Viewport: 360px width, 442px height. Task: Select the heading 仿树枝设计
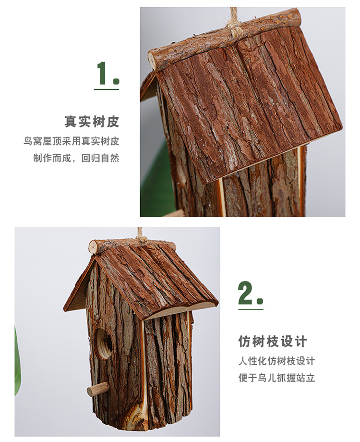[272, 342]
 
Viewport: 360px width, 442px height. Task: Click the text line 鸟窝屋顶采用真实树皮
[72, 141]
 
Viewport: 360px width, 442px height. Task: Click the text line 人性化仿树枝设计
[276, 361]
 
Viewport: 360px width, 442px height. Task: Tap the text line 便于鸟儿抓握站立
[276, 378]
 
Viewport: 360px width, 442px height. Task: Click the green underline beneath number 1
[106, 89]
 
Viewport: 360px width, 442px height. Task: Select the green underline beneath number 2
[251, 308]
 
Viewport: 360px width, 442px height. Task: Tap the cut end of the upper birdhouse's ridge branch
[152, 61]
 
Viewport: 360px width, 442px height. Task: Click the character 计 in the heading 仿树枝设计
[300, 342]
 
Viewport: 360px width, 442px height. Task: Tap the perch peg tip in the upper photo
[174, 213]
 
